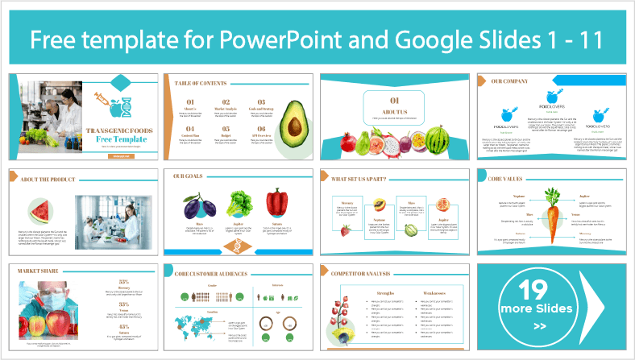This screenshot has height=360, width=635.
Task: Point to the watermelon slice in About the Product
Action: [42, 212]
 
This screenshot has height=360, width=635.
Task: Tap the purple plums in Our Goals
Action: [199, 204]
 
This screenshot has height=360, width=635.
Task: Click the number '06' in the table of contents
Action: [259, 128]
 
